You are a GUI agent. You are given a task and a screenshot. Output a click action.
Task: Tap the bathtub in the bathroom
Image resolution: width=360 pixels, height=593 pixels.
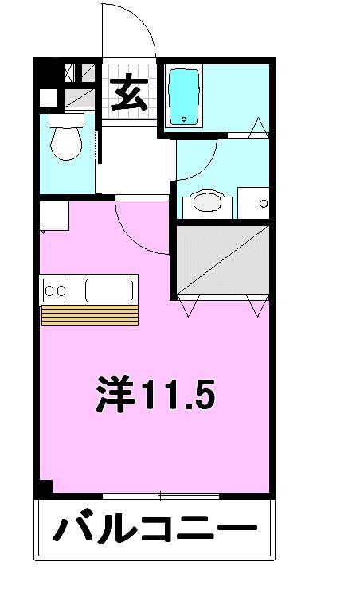click(184, 97)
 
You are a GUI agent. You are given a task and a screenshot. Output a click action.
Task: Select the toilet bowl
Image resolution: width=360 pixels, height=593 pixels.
click(66, 143)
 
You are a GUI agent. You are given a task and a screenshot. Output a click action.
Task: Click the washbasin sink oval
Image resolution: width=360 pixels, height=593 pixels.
click(207, 201)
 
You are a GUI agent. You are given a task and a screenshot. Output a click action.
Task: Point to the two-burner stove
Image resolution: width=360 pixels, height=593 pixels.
click(56, 291)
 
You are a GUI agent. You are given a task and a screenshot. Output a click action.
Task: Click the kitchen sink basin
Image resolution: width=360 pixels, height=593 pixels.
click(109, 291)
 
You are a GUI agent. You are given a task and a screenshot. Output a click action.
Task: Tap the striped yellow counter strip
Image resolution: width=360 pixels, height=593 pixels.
click(90, 314)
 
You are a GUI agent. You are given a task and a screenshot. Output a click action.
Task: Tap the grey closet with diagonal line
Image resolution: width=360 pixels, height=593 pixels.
click(223, 259)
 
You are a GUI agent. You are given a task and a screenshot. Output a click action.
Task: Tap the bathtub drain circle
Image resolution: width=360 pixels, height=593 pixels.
click(184, 119)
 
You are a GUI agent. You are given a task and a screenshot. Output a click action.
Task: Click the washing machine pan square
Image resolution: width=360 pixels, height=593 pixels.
click(253, 203)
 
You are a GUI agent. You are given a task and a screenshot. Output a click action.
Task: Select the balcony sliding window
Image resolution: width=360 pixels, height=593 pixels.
click(161, 496)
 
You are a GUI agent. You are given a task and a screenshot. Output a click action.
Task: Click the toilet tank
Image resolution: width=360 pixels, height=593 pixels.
click(66, 120)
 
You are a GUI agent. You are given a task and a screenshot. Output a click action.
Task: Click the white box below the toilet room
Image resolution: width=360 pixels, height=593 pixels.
click(54, 215)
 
